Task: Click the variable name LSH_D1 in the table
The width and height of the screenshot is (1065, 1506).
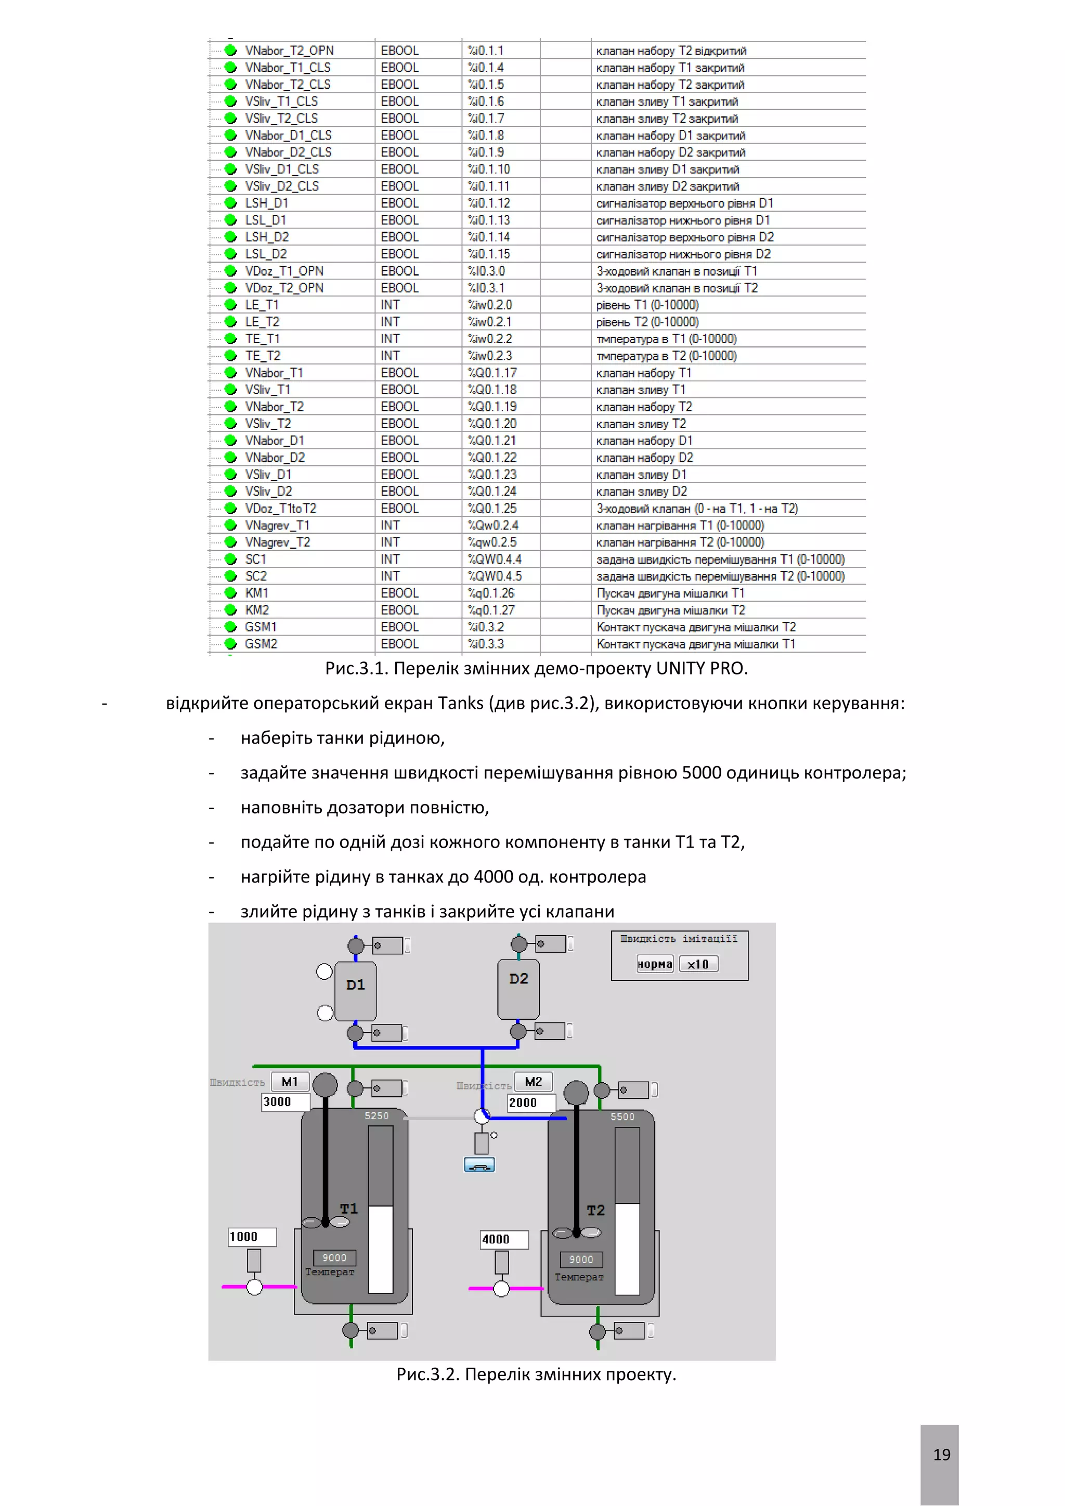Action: point(266,203)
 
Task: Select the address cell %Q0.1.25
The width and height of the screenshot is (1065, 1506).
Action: point(492,509)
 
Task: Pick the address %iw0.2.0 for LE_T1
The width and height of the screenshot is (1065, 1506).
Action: point(490,305)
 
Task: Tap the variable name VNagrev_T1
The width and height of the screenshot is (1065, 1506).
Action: point(277,525)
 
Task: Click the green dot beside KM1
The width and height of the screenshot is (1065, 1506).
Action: point(231,593)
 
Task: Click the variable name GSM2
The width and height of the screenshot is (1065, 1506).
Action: point(261,644)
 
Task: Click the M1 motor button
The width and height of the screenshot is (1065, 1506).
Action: point(290,1082)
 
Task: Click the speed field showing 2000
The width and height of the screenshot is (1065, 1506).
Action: point(530,1102)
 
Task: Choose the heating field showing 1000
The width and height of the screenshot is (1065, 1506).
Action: point(252,1237)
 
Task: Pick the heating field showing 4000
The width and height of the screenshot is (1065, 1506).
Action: point(504,1239)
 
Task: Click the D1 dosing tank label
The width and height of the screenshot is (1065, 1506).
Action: point(356,984)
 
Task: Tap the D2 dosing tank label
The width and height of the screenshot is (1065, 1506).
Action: point(519,979)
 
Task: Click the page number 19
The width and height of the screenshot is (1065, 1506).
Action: point(941,1455)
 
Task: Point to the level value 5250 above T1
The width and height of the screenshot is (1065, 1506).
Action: point(376,1116)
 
